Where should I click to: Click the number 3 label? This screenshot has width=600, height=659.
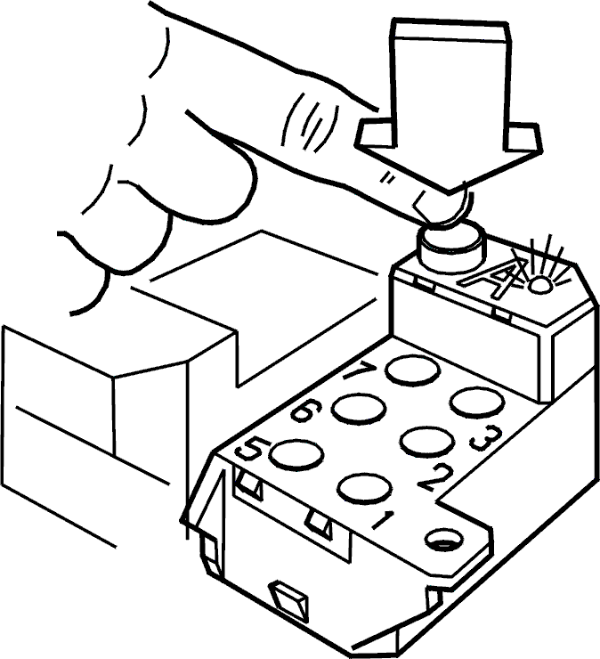point(486,438)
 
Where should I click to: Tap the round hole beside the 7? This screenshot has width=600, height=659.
point(413,370)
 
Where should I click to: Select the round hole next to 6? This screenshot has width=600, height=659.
point(359,409)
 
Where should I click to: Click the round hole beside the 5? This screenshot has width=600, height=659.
point(296,454)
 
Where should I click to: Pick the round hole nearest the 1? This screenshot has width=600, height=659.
point(365,488)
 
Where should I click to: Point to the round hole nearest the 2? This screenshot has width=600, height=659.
point(427,442)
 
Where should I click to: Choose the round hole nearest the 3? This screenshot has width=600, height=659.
point(477,403)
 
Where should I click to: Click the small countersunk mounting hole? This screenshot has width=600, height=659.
point(444,540)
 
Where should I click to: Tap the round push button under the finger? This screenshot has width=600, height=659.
point(451,248)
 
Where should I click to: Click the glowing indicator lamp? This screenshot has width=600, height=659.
point(539,285)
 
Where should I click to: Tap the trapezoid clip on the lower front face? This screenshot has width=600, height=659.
point(290,602)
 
